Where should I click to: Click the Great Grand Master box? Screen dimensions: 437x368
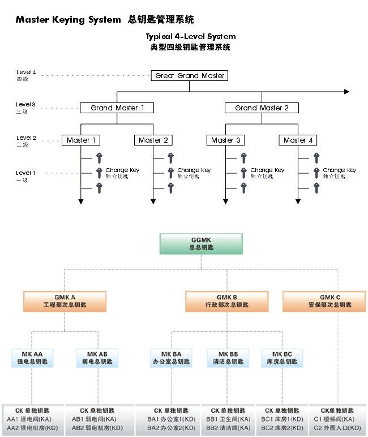click(190, 76)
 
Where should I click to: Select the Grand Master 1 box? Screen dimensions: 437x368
click(117, 108)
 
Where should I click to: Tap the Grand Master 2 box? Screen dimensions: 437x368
click(262, 108)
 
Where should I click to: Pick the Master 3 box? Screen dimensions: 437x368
click(226, 140)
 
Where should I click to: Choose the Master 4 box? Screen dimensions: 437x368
click(298, 140)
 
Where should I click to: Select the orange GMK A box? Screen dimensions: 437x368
click(65, 301)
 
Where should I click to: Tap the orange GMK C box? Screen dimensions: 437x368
click(330, 301)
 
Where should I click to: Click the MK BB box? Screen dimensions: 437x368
click(228, 358)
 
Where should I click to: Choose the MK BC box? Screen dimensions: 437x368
click(282, 358)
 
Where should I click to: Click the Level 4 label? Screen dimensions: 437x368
click(26, 72)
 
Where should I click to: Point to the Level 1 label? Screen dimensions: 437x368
click(25, 173)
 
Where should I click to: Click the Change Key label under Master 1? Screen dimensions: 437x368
click(122, 170)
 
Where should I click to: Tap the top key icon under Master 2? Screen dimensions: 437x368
click(170, 158)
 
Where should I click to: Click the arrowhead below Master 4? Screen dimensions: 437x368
click(298, 201)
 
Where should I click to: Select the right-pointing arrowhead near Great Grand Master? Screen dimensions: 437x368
click(347, 92)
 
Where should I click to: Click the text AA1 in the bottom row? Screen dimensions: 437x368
click(13, 419)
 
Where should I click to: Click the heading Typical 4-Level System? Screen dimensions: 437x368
click(190, 37)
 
